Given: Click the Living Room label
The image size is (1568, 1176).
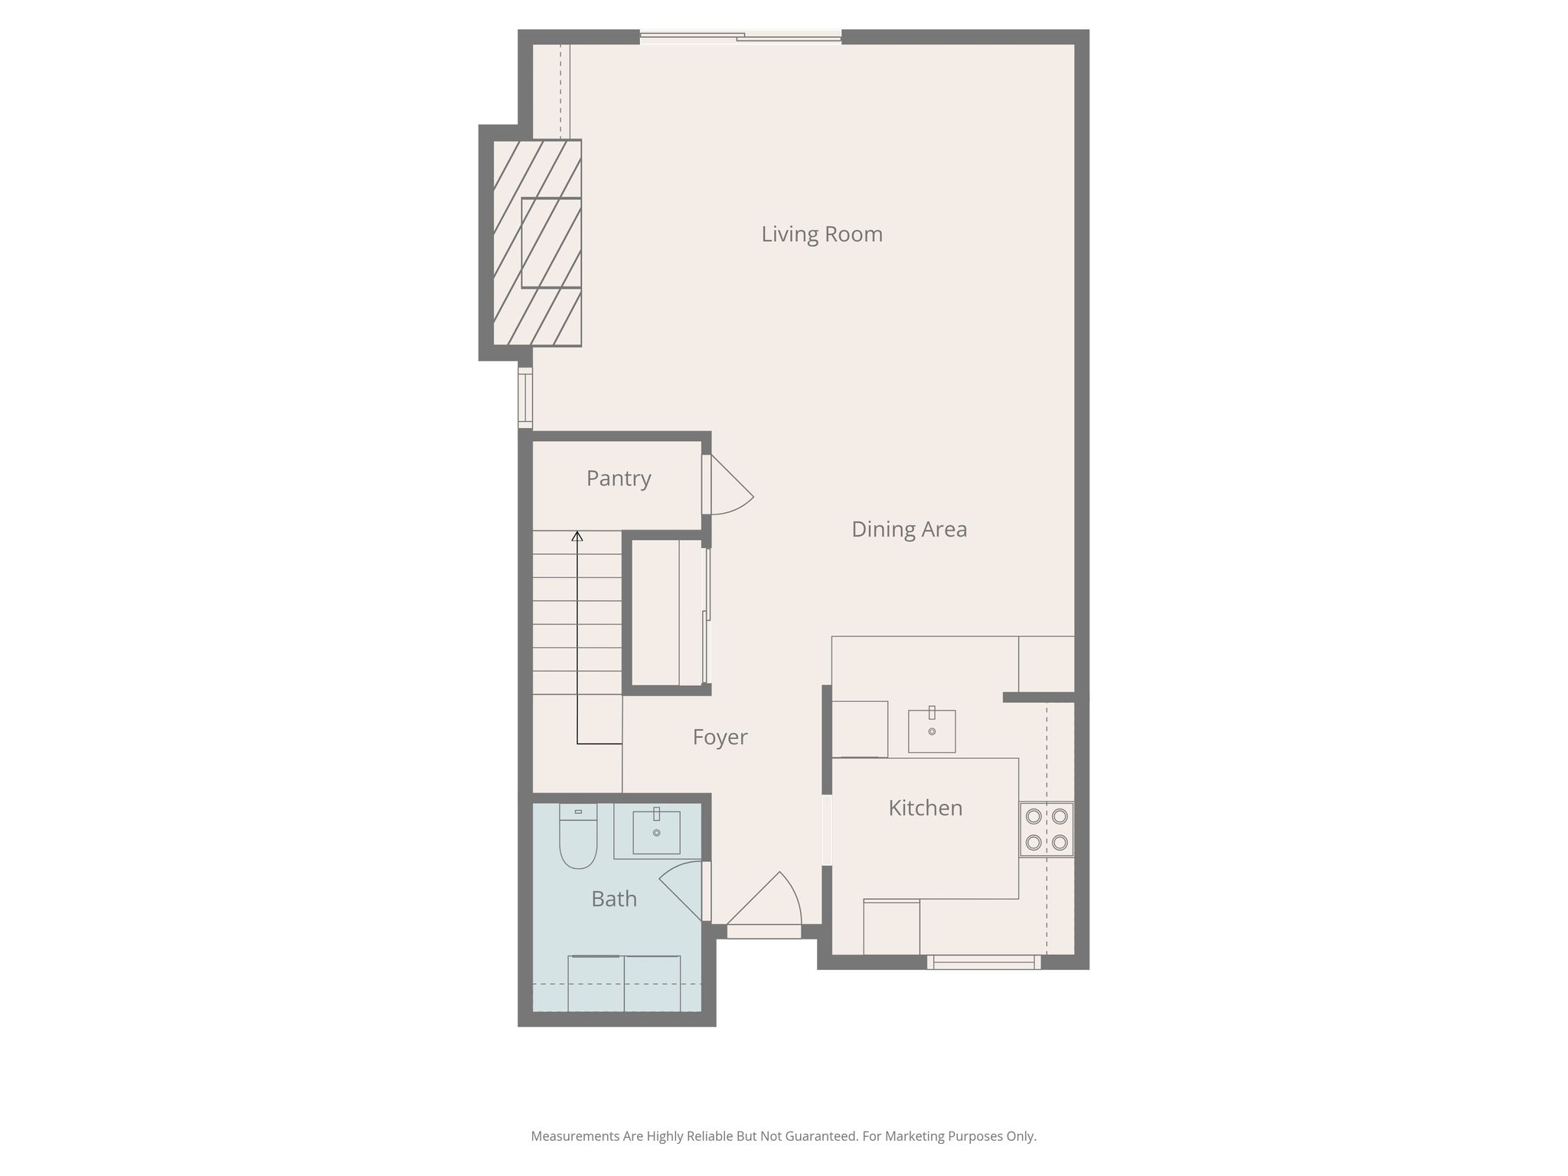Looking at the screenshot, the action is point(822,234).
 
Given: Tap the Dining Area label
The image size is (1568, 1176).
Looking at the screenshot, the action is point(909,529).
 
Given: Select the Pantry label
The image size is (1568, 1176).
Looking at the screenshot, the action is point(619,479).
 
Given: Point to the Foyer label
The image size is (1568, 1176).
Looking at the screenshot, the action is point(720,737).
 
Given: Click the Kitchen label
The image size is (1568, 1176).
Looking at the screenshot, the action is point(925,808).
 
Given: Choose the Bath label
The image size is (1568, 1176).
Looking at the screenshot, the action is point(614,898).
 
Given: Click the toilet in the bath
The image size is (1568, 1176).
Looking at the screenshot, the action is point(578,836).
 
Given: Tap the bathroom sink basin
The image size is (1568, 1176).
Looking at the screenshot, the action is point(656,832).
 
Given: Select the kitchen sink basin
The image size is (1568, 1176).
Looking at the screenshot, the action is point(932,731).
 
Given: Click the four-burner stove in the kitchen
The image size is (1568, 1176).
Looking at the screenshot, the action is point(1047,829).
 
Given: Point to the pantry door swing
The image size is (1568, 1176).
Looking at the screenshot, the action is point(728,485).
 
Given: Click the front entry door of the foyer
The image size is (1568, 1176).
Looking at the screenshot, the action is point(764,903).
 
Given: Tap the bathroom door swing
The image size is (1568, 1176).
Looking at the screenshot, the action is point(681,891).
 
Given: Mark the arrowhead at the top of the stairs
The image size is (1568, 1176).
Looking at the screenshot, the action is point(577,536).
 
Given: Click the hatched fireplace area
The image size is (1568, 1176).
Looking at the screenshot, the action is point(537,243).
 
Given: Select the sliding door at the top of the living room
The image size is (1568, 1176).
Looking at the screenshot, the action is point(740,36).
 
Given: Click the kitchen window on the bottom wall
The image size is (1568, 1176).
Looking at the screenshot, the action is point(984,962).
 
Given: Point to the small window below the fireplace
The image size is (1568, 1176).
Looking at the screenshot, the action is point(525,398).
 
